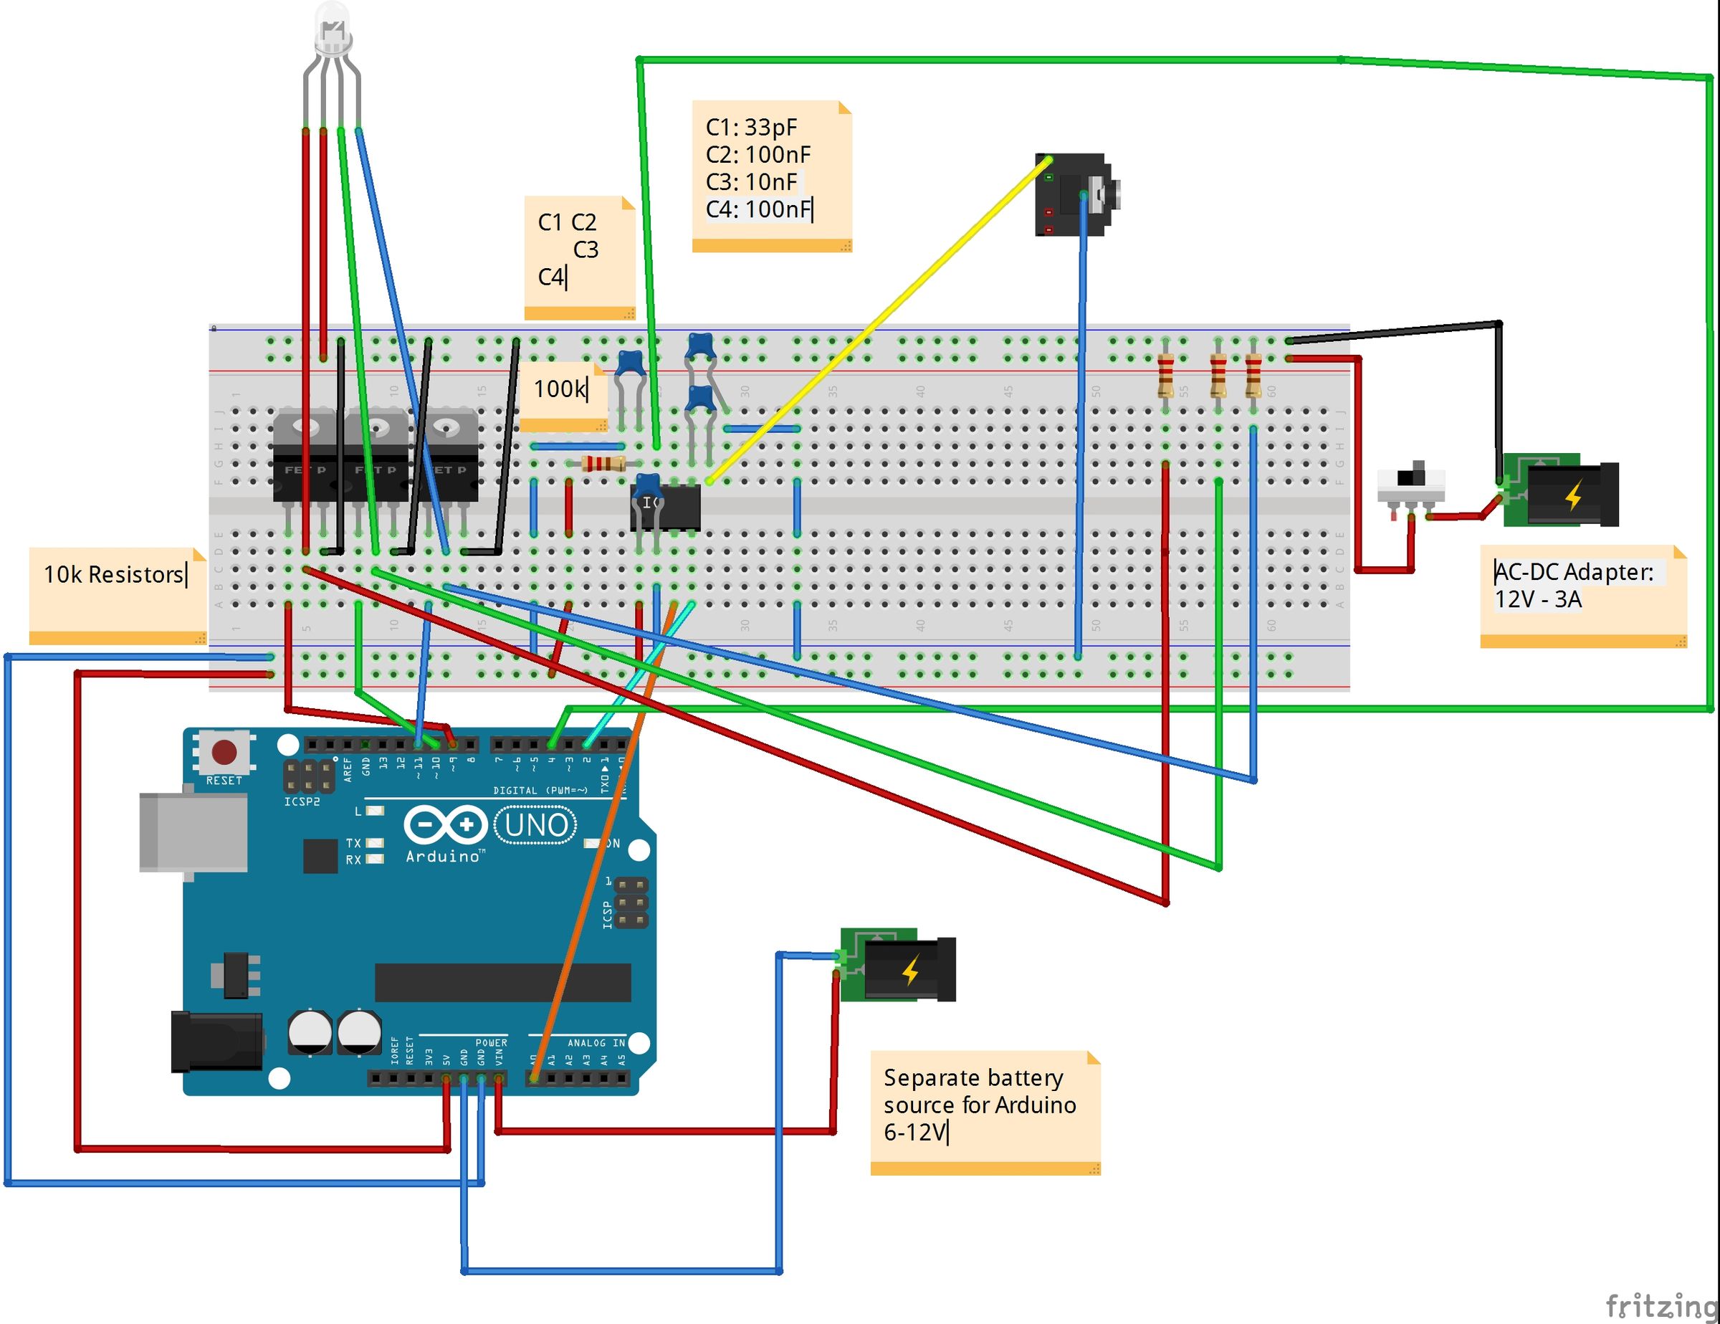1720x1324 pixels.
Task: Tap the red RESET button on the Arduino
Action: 224,751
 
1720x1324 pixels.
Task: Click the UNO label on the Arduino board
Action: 536,825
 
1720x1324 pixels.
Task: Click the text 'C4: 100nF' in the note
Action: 758,209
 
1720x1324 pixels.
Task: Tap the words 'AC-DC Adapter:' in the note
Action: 1574,572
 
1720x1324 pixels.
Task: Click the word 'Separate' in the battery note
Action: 931,1077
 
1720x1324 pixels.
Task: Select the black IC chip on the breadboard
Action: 666,508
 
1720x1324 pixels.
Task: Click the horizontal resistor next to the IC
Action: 603,463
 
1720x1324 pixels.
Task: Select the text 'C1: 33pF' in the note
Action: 751,128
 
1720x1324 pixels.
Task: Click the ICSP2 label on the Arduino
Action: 302,802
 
